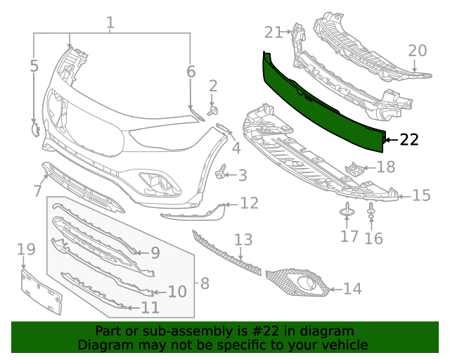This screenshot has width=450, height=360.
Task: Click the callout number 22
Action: pyautogui.click(x=409, y=139)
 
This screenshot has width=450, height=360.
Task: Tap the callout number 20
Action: pyautogui.click(x=417, y=51)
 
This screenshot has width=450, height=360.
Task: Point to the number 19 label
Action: pyautogui.click(x=26, y=249)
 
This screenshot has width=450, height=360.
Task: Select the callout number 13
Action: pyautogui.click(x=243, y=240)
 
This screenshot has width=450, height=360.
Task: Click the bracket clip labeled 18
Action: pyautogui.click(x=355, y=169)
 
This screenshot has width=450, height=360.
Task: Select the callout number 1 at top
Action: pyautogui.click(x=110, y=24)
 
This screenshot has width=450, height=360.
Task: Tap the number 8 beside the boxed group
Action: pyautogui.click(x=205, y=283)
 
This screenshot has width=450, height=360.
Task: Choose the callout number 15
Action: pyautogui.click(x=421, y=195)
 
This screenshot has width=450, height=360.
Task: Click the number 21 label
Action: pyautogui.click(x=274, y=32)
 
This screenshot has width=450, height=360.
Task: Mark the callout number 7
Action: pyautogui.click(x=38, y=191)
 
